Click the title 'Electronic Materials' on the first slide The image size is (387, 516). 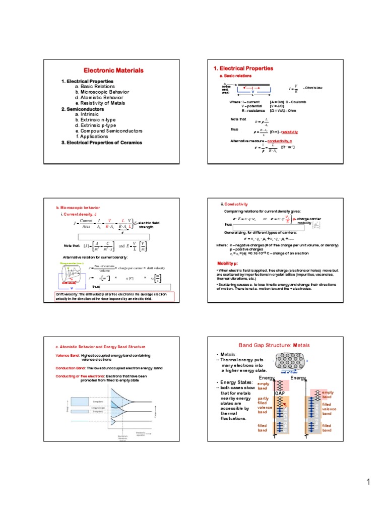point(113,71)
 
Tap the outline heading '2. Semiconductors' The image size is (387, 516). point(83,109)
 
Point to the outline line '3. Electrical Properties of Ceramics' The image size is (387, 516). point(102,143)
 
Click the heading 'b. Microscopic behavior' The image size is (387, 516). point(78,208)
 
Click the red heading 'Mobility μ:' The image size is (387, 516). point(228,264)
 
